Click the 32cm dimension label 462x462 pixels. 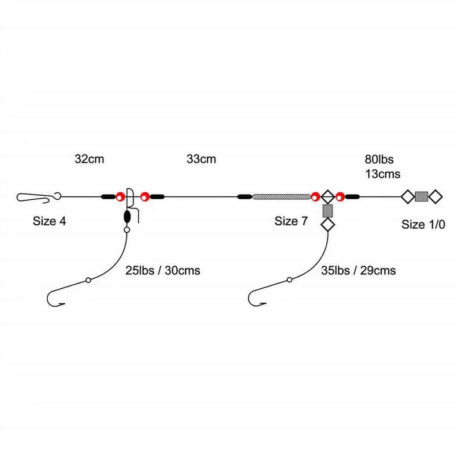[x=90, y=159]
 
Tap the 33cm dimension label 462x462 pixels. [x=201, y=159]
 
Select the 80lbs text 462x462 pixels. [x=379, y=159]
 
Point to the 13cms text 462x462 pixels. [x=383, y=174]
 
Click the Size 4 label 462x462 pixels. [x=50, y=221]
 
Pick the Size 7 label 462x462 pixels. [x=291, y=221]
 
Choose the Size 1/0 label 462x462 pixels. [x=423, y=225]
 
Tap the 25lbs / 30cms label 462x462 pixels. [x=163, y=270]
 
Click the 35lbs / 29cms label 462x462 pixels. [x=358, y=270]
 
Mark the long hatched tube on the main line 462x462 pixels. [x=281, y=197]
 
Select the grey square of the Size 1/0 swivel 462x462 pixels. [x=422, y=196]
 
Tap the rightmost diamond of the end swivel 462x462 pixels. [x=435, y=196]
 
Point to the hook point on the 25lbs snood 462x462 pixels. [x=64, y=304]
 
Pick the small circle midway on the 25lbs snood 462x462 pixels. [x=88, y=280]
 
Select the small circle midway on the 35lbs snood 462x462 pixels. [x=289, y=280]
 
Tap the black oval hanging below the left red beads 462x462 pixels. [x=127, y=217]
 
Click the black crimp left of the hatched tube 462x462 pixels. [x=244, y=197]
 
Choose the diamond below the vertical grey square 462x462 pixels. [x=327, y=225]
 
